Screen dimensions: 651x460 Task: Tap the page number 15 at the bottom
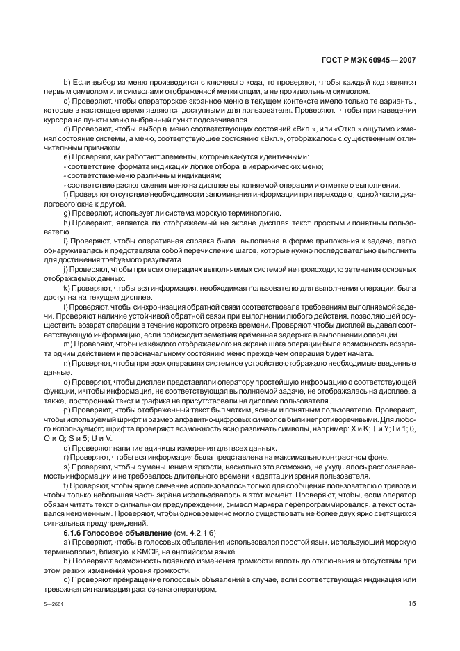point(411,604)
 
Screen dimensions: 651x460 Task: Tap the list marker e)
point(66,156)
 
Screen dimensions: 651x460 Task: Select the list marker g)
point(66,211)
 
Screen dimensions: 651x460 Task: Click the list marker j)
point(65,267)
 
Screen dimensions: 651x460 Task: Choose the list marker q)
point(66,449)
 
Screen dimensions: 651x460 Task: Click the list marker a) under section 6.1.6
point(66,541)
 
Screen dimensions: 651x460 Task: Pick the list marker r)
point(65,458)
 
